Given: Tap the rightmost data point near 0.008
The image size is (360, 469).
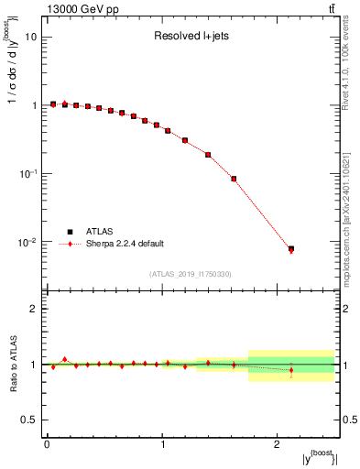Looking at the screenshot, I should point(291,249).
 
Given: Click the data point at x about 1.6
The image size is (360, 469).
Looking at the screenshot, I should point(234,179).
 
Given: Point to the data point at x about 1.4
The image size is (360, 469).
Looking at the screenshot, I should point(208,155).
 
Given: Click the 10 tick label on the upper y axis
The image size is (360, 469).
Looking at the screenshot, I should point(30,38).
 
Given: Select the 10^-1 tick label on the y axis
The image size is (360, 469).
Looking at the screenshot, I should point(27,174).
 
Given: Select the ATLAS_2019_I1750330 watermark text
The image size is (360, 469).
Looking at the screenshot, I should point(191,274).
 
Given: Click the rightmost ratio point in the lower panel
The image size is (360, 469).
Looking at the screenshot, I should point(291,371).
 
